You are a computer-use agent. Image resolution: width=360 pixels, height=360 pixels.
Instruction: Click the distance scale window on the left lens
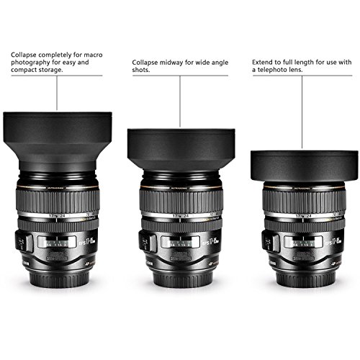[x=60, y=244]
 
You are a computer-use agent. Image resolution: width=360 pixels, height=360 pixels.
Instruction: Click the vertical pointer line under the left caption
[x=58, y=94]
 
